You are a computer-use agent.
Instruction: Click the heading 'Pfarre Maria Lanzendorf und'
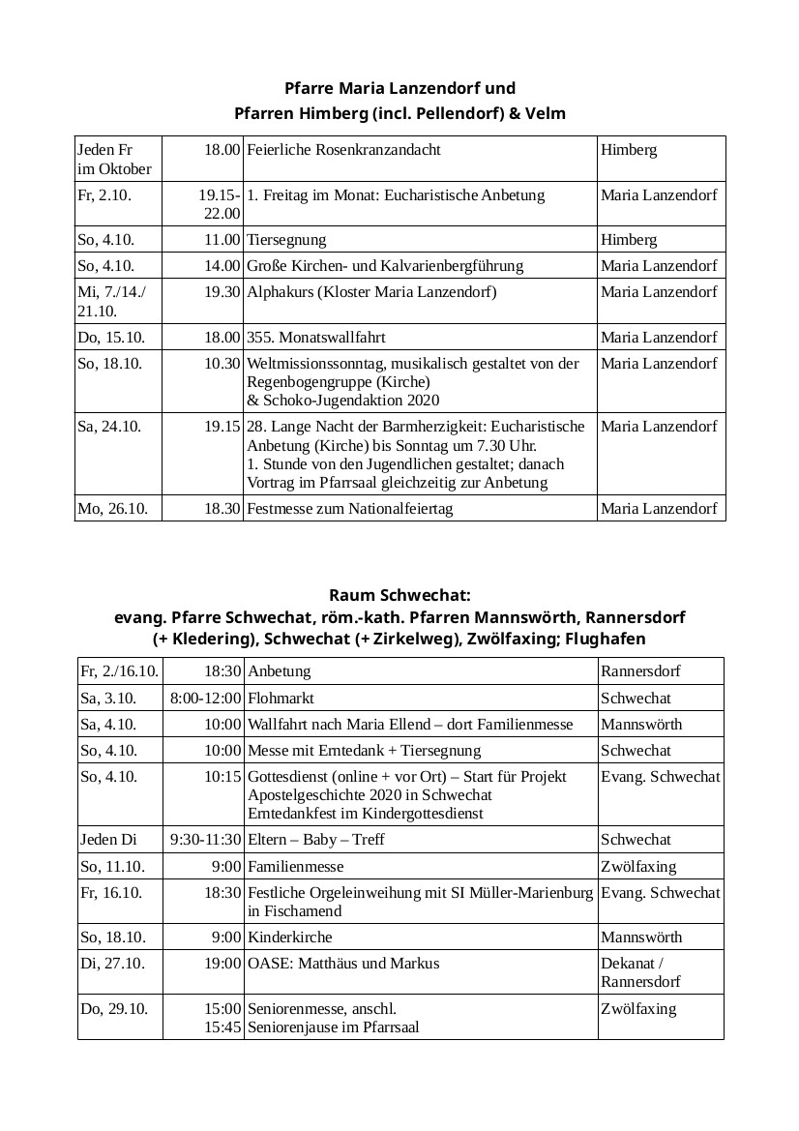(x=399, y=88)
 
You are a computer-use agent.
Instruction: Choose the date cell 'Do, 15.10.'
(x=109, y=337)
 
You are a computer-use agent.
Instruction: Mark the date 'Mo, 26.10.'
(x=112, y=508)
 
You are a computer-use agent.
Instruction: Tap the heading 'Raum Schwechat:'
(x=399, y=594)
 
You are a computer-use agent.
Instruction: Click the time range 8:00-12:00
(x=205, y=698)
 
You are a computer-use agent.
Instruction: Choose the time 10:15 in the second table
(x=222, y=777)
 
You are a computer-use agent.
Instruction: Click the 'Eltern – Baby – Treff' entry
(x=316, y=840)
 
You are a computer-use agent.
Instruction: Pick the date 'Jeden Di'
(x=110, y=840)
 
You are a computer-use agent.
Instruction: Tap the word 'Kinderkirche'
(x=290, y=938)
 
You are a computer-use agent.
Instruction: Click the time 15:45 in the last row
(x=222, y=1027)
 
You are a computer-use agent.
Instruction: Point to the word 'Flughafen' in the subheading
(x=606, y=640)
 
